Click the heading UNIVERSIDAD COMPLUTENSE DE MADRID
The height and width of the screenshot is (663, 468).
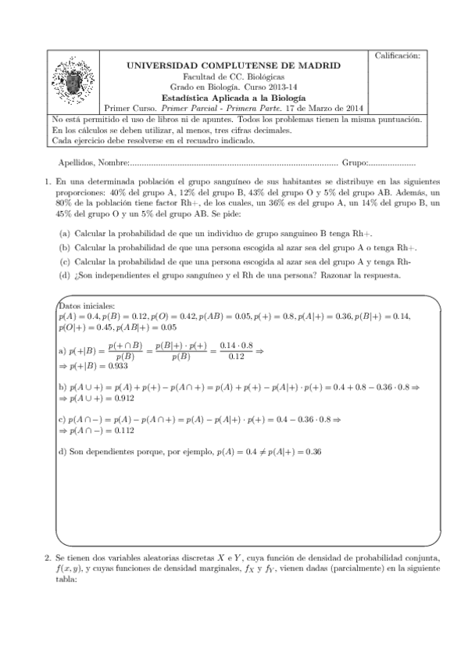pos(233,69)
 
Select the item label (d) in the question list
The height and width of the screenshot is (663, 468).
pos(64,275)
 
